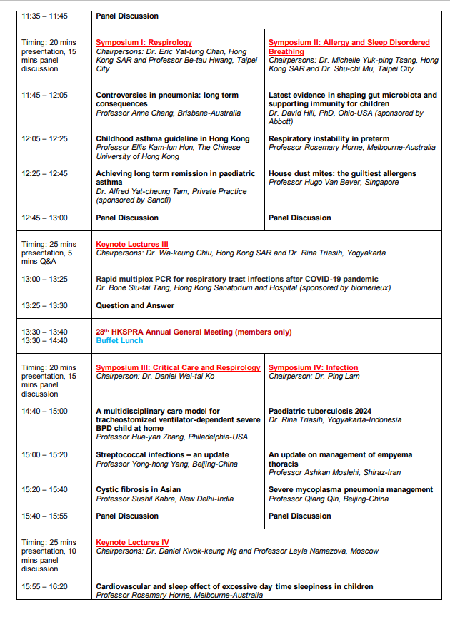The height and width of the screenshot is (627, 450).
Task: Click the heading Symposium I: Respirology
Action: click(144, 43)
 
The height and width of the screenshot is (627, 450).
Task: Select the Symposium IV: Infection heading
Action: click(313, 368)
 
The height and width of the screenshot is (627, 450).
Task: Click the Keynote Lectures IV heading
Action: click(132, 543)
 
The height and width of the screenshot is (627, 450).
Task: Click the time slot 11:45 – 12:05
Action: click(45, 96)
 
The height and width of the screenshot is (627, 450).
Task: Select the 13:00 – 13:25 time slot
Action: click(45, 280)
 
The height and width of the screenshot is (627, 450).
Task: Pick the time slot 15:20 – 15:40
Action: click(45, 490)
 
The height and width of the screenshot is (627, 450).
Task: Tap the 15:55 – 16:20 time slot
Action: click(45, 587)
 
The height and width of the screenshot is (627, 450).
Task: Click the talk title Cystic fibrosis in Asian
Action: click(139, 490)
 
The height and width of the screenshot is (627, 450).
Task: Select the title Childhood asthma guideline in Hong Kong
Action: click(173, 138)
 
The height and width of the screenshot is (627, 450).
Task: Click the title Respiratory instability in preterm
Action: click(329, 138)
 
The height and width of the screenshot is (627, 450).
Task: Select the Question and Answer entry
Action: click(135, 306)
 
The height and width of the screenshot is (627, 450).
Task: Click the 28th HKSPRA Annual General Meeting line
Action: click(194, 332)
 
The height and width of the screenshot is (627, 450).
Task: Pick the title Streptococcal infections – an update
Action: click(162, 455)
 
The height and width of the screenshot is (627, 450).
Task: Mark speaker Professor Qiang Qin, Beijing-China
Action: click(329, 499)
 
